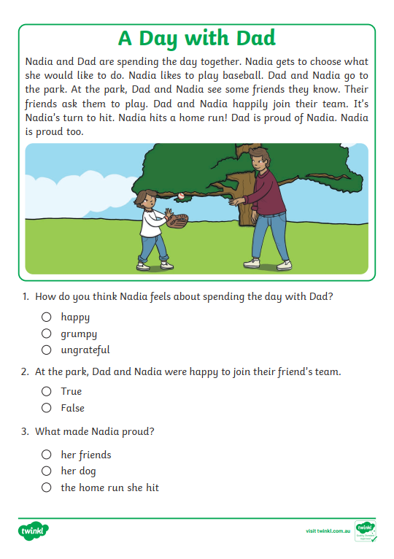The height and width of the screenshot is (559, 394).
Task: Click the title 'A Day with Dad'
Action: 196,38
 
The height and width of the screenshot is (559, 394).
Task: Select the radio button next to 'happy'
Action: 47,317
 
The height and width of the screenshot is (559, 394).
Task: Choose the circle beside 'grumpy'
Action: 47,334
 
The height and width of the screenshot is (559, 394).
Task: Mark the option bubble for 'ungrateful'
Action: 47,350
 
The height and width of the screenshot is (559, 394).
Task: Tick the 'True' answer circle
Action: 47,391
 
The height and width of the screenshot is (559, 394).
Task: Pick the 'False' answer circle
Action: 47,408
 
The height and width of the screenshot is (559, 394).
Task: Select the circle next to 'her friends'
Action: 47,455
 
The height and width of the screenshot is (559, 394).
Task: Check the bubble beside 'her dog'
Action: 47,471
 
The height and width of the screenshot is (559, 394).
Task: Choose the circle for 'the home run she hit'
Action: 47,487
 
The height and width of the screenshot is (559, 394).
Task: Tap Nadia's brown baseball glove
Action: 177,220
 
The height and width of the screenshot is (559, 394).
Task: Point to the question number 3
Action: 26,431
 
